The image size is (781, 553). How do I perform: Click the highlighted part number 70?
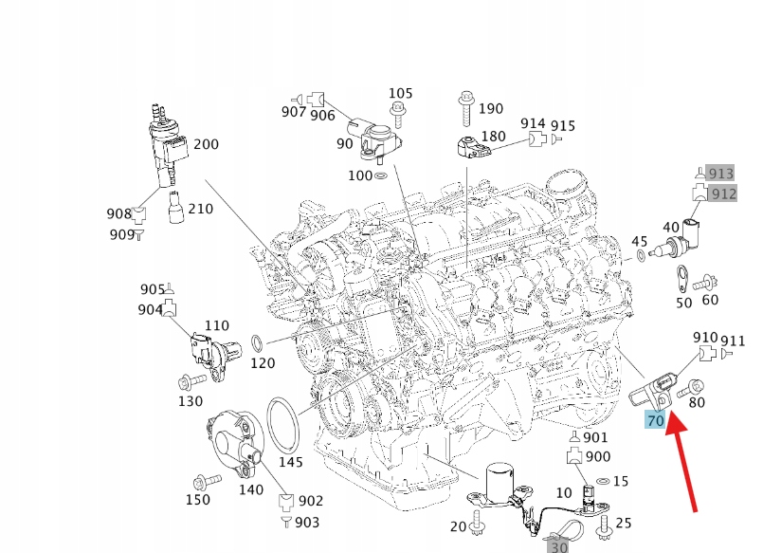point(655,420)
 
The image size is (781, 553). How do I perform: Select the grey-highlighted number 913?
point(721,173)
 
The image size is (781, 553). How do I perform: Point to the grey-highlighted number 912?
point(723,194)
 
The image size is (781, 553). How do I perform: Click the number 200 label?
point(206,145)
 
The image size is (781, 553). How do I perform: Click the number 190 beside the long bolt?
point(491,109)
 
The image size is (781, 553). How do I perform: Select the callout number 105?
point(401,93)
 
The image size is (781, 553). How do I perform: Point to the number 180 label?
point(493,137)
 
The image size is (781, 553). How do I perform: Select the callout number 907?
point(294,112)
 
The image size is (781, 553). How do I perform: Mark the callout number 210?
point(200,208)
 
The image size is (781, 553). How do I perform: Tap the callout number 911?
point(733,341)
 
